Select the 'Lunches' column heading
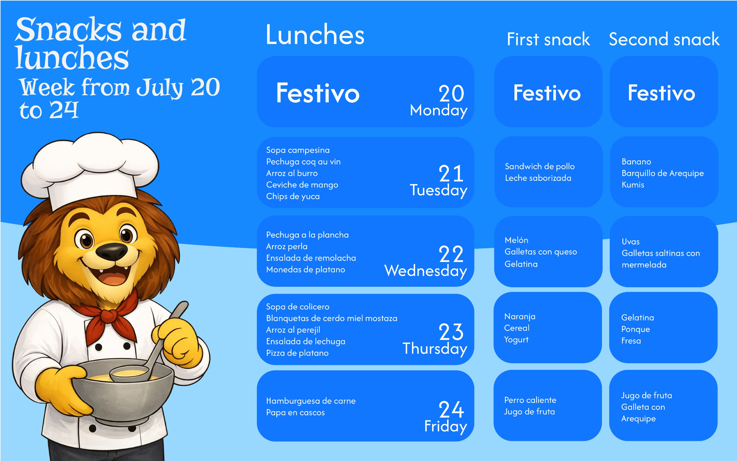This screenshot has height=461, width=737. [315, 35]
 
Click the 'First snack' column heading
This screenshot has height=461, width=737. [548, 39]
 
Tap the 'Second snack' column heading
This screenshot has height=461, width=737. [664, 39]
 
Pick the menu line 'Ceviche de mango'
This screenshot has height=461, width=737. [302, 185]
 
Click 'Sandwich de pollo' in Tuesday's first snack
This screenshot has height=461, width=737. [540, 167]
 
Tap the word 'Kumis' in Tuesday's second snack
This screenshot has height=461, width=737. [633, 185]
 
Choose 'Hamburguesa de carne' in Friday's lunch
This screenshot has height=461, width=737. [311, 401]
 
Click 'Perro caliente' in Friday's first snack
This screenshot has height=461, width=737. [530, 400]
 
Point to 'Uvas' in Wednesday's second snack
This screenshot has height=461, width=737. [630, 242]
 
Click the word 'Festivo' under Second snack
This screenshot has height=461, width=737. [661, 93]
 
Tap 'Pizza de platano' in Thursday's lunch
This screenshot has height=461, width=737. [297, 353]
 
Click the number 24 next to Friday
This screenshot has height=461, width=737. [451, 409]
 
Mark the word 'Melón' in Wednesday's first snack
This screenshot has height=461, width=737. [516, 240]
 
